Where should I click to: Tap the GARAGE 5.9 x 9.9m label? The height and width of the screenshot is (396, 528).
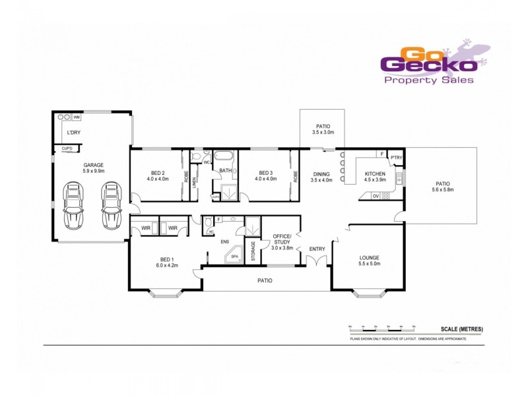click(x=93, y=168)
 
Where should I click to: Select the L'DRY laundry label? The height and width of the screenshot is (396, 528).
click(x=73, y=133)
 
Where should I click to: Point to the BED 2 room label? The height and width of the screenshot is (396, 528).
click(x=154, y=176)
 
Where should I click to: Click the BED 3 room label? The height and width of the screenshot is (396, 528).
click(x=266, y=176)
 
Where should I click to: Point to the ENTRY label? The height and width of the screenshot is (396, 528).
click(x=317, y=249)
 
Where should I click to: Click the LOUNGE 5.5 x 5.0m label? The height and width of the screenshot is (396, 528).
click(x=369, y=261)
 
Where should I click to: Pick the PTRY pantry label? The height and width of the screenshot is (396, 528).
click(x=396, y=158)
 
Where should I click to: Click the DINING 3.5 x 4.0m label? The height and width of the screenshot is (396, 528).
click(x=322, y=177)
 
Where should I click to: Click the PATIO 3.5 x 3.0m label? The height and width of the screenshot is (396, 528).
click(x=323, y=129)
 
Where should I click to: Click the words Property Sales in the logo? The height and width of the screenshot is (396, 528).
click(x=428, y=80)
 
